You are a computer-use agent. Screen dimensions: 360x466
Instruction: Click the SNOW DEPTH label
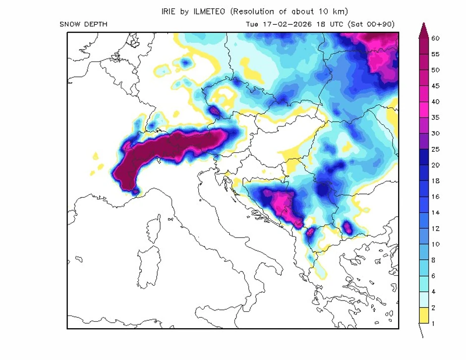pyautogui.click(x=83, y=24)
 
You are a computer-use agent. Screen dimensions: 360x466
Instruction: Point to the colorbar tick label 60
pyautogui.click(x=436, y=38)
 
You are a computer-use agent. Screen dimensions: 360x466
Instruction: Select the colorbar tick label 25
pyautogui.click(x=436, y=149)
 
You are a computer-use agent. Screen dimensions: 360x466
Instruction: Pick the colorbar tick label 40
pyautogui.click(x=436, y=102)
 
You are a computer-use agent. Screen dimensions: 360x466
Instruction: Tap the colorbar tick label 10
pyautogui.click(x=436, y=244)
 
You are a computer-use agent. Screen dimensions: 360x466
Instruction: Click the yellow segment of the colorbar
pyautogui.click(x=424, y=315)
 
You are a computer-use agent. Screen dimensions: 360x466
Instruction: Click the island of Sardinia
pyautogui.click(x=148, y=268)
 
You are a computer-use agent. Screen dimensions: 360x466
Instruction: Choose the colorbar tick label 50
pyautogui.click(x=436, y=70)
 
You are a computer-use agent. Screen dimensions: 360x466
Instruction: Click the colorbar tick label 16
pyautogui.click(x=436, y=197)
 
